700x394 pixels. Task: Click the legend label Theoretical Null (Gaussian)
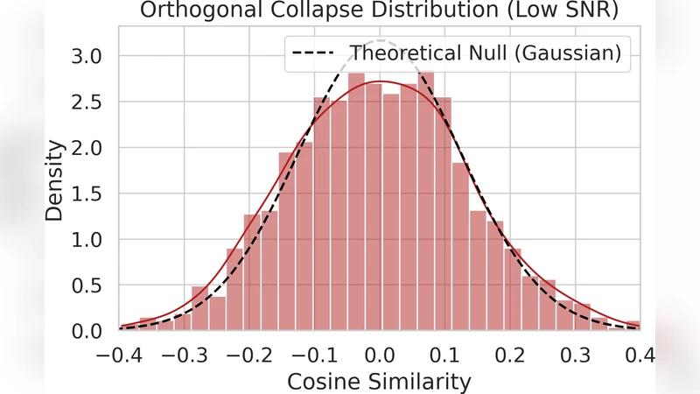point(486,53)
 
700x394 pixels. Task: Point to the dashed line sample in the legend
point(317,53)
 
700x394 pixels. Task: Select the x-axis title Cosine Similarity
point(380,381)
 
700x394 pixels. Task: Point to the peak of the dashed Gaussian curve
point(380,41)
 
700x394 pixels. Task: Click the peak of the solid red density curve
point(380,82)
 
